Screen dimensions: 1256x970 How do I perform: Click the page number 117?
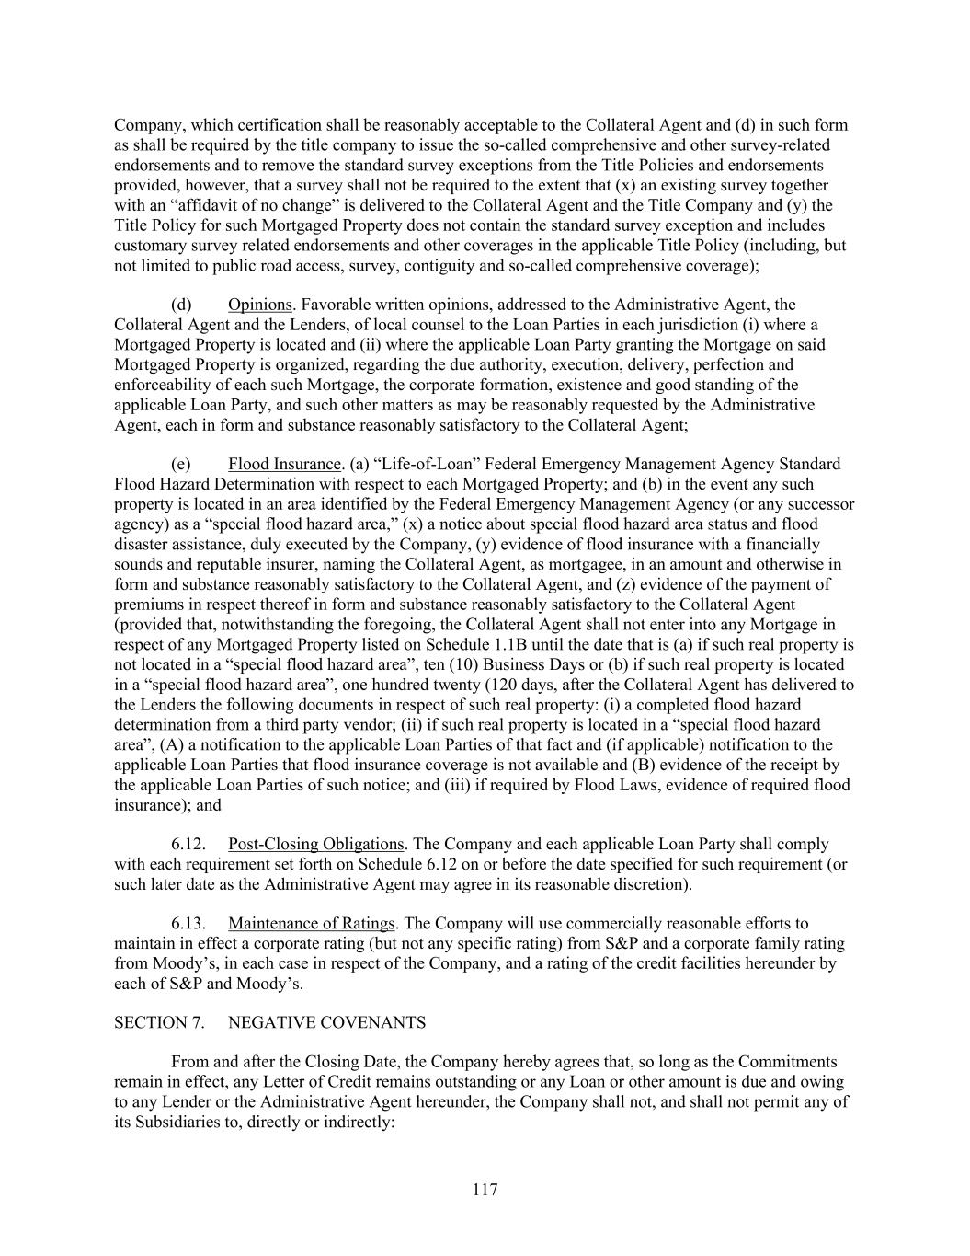[x=485, y=1190]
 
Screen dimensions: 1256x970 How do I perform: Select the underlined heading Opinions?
[x=259, y=305]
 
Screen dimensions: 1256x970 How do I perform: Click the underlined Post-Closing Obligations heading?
[x=316, y=844]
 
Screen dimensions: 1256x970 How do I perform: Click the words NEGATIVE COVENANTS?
[x=326, y=1022]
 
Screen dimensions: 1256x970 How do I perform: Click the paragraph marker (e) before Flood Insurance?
[x=181, y=464]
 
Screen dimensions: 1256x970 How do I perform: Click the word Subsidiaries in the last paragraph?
[x=171, y=1123]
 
